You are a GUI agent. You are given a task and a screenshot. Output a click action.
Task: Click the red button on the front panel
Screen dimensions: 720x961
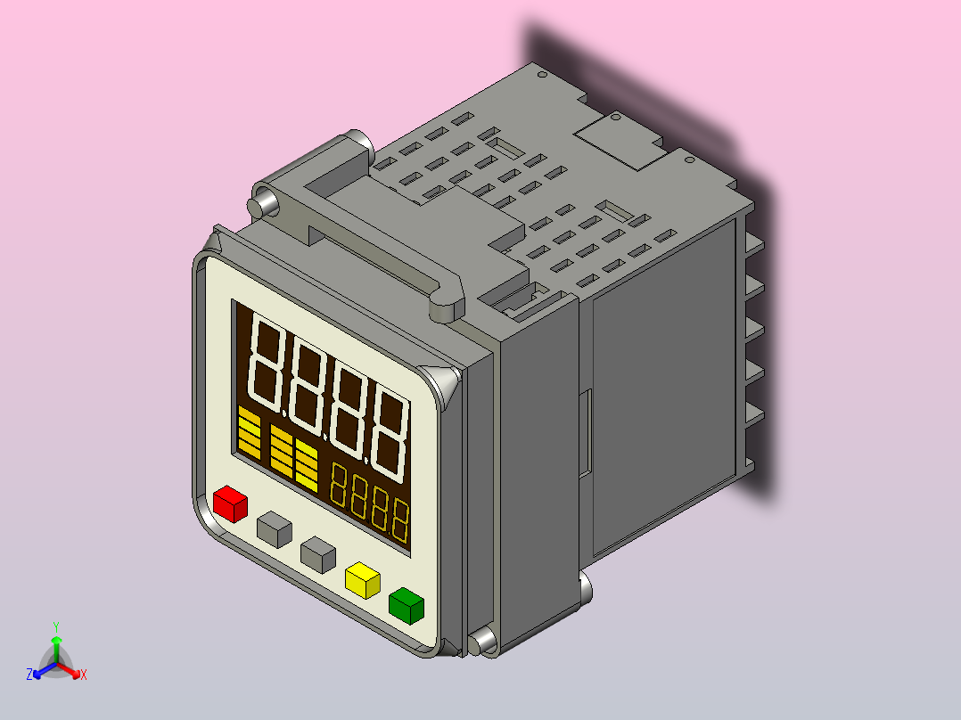point(230,504)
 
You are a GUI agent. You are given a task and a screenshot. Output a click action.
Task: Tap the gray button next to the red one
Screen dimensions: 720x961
point(275,529)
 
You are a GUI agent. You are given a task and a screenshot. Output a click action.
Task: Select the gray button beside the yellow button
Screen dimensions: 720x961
point(318,553)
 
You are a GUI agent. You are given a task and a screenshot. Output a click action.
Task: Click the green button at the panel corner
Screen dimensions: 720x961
point(407,605)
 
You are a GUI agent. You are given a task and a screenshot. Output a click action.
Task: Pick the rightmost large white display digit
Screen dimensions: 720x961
point(390,432)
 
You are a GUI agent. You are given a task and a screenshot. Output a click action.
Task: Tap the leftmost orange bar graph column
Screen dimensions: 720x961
point(249,433)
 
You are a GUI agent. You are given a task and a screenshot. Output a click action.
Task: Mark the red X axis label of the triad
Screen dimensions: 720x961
point(84,675)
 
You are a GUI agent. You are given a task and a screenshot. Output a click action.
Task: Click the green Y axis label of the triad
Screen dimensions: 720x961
point(55,626)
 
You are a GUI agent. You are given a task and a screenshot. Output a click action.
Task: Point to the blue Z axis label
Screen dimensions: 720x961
point(29,675)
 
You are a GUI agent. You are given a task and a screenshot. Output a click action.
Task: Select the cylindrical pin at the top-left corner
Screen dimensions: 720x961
point(265,201)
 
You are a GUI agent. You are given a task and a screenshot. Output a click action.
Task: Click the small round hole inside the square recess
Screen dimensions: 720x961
point(614,117)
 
